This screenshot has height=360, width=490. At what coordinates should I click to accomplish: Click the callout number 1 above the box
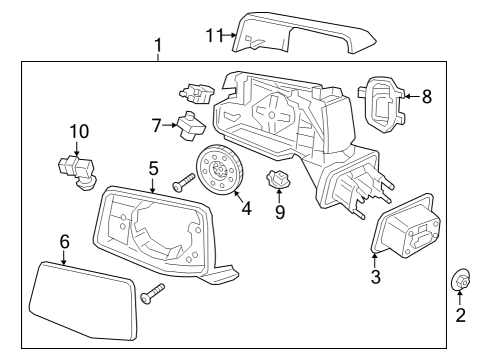157,46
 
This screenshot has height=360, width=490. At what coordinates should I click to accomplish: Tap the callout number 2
461,316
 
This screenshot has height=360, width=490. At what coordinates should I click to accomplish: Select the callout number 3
375,277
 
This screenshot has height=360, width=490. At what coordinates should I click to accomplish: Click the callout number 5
153,169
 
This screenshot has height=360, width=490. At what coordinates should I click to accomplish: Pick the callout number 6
65,241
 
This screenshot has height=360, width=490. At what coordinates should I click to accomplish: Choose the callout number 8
427,97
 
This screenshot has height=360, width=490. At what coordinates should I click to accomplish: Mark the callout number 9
280,212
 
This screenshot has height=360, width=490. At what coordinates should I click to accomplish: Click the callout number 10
78,131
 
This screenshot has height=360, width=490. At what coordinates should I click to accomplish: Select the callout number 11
212,35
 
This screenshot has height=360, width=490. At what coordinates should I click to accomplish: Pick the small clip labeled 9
280,183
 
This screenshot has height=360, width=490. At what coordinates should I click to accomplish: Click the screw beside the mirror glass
152,295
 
